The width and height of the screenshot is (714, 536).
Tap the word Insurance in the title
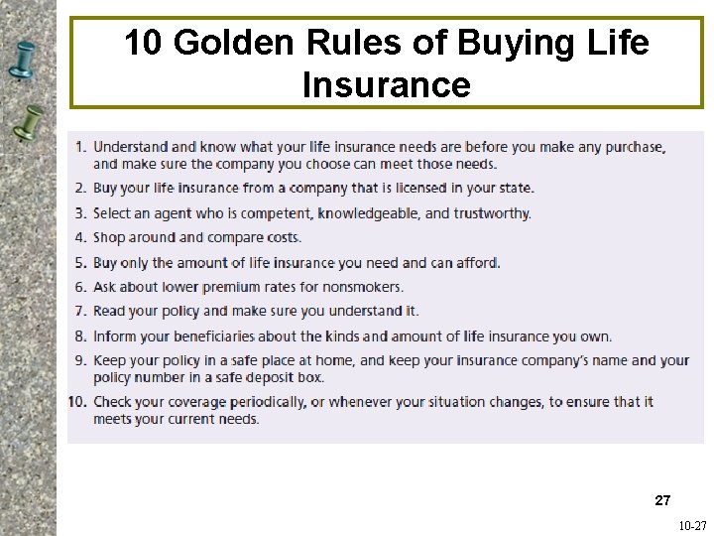coord(386,84)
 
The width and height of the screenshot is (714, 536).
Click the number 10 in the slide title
coord(142,43)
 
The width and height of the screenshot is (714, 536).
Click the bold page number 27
coord(662,500)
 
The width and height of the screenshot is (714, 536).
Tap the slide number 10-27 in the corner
coord(692,525)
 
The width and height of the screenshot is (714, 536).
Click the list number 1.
coord(80,147)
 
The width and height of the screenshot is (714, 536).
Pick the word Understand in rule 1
coord(130,147)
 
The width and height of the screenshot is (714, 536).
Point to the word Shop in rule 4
coord(109,237)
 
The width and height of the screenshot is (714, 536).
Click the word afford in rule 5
coord(478,262)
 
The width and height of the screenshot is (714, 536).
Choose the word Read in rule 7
coord(109,311)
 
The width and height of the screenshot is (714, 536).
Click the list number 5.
coord(80,262)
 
